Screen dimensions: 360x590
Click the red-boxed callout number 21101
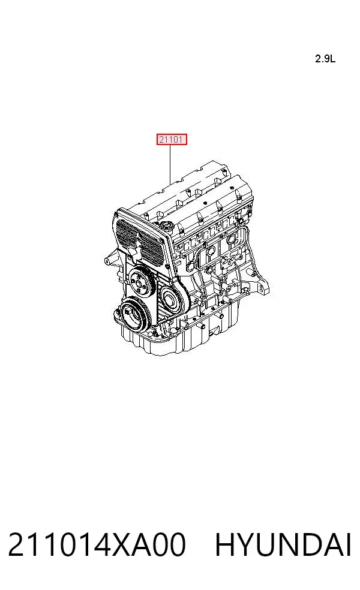pyautogui.click(x=172, y=140)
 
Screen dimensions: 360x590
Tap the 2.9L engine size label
pyautogui.click(x=325, y=59)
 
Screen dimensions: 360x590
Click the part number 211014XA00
pyautogui.click(x=97, y=544)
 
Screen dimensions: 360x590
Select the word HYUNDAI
pyautogui.click(x=283, y=544)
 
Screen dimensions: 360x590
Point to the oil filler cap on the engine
pyautogui.click(x=167, y=226)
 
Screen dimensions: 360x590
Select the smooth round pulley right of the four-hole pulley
pyautogui.click(x=172, y=300)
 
